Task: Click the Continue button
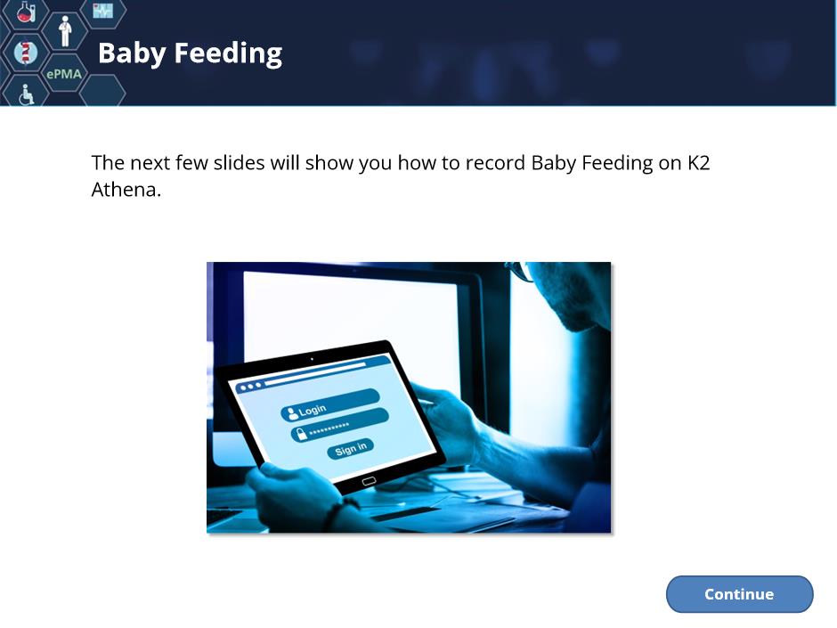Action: pyautogui.click(x=739, y=594)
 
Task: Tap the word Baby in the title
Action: pyautogui.click(x=132, y=54)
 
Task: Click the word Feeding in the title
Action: pyautogui.click(x=228, y=54)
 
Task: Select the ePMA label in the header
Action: pyautogui.click(x=64, y=74)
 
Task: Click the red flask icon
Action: pyautogui.click(x=25, y=12)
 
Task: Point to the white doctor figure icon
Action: pyautogui.click(x=65, y=31)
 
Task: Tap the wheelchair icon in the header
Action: pyautogui.click(x=26, y=94)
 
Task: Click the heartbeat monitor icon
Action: pyautogui.click(x=102, y=10)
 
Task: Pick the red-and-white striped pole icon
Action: pyautogui.click(x=25, y=53)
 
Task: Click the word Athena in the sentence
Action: pyautogui.click(x=126, y=190)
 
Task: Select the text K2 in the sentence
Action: pyautogui.click(x=698, y=163)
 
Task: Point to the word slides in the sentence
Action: pyautogui.click(x=239, y=163)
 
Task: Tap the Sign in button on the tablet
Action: pyautogui.click(x=350, y=449)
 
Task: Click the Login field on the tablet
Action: pyautogui.click(x=329, y=404)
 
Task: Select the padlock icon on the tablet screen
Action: pyautogui.click(x=302, y=434)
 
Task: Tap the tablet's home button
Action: pyautogui.click(x=369, y=481)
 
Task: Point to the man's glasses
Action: pyautogui.click(x=521, y=270)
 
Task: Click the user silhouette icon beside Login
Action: pyautogui.click(x=291, y=413)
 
